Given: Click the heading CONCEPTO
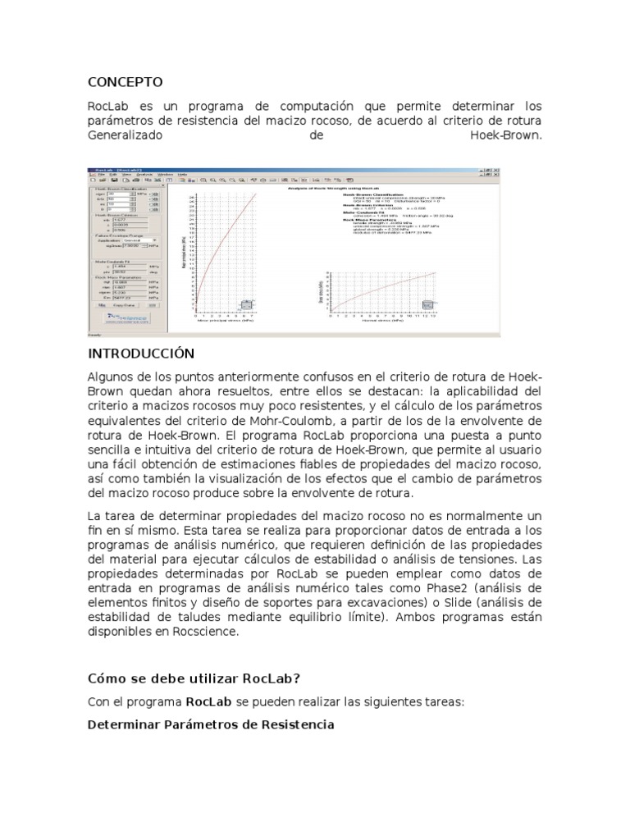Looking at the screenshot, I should click(x=125, y=82).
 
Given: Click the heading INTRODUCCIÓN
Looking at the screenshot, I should click(x=140, y=354).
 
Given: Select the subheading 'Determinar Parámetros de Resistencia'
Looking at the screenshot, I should click(x=210, y=725).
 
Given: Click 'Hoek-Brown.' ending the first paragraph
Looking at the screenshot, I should click(x=505, y=136).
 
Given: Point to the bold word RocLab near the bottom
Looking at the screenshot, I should click(x=208, y=702).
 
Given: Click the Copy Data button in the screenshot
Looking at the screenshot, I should click(x=123, y=304).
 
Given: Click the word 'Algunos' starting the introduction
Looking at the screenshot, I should click(x=112, y=377).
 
